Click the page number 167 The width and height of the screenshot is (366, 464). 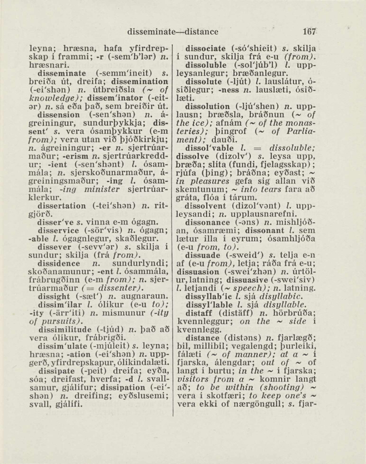pos(309,32)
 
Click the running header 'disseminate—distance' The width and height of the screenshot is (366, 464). pos(173,32)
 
